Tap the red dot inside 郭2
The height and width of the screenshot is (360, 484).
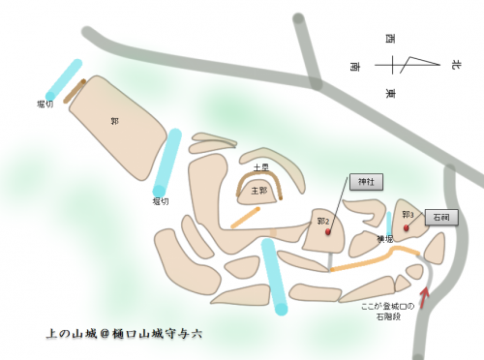tap(328, 232)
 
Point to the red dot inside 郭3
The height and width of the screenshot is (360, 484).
tap(406, 228)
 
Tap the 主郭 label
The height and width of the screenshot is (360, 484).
tap(258, 191)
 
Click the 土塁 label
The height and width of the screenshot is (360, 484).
tap(260, 167)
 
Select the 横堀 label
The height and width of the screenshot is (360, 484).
tap(384, 239)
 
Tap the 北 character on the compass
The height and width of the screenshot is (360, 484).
tap(455, 65)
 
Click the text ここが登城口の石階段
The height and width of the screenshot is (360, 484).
tap(387, 312)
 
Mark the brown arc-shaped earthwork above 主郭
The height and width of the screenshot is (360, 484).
tap(259, 180)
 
